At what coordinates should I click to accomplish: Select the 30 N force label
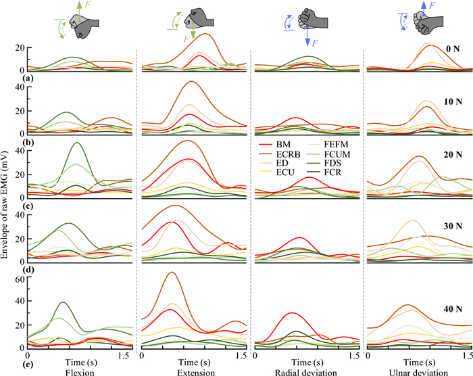446,226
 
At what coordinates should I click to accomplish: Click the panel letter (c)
9,206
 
